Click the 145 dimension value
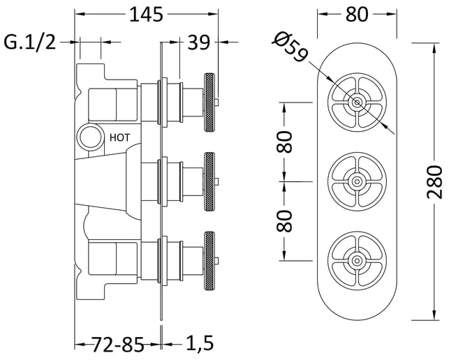[x=146, y=15]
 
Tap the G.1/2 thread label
[x=30, y=43]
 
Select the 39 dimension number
[x=199, y=43]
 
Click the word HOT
[x=119, y=137]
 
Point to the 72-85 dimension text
[x=117, y=344]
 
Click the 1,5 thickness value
[x=200, y=343]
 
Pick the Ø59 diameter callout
[x=290, y=47]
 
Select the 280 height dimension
[x=434, y=181]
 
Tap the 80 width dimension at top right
[x=357, y=15]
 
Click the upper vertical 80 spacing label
[x=284, y=142]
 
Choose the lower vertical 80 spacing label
[x=284, y=221]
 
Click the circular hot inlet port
[x=91, y=137]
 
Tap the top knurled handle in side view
[x=209, y=102]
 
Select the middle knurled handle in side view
[x=209, y=181]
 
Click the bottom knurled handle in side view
[x=209, y=261]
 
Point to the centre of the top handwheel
[x=357, y=102]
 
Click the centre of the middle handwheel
[x=357, y=181]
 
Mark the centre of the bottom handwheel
[x=357, y=260]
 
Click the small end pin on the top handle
[x=216, y=102]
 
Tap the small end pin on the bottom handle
[x=216, y=261]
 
